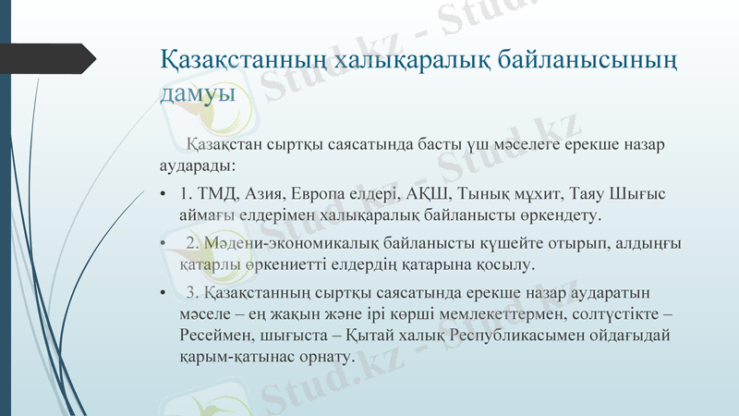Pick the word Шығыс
pyautogui.click(x=641, y=194)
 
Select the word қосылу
pyautogui.click(x=506, y=265)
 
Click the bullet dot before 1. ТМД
pyautogui.click(x=162, y=195)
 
